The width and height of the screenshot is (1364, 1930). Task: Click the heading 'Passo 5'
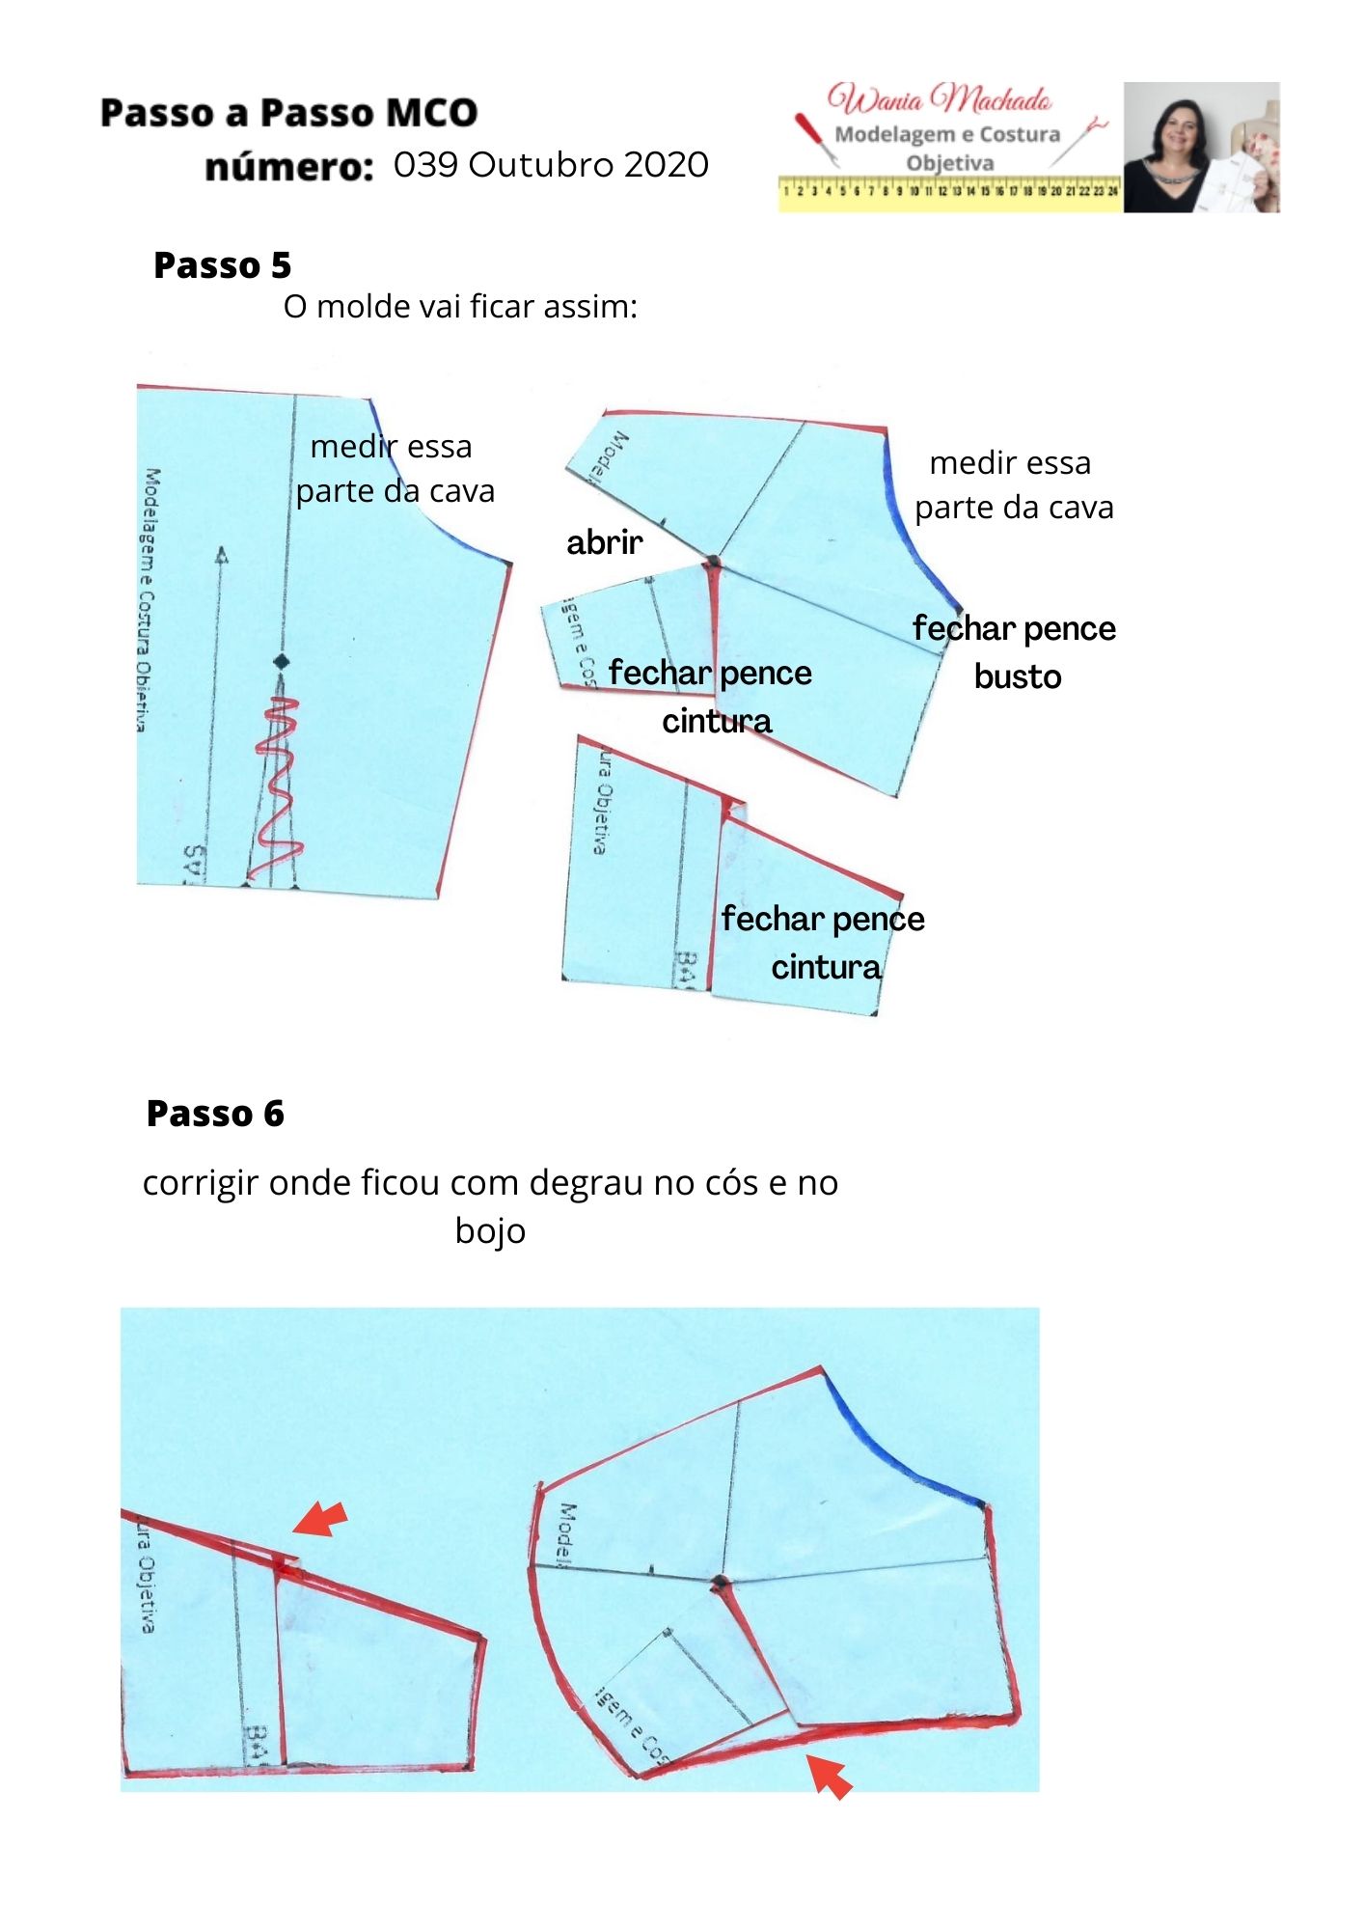[222, 265]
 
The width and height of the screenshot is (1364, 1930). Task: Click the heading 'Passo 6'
[215, 1114]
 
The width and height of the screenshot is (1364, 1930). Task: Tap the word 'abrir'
[604, 542]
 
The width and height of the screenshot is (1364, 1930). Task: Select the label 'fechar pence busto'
[1015, 652]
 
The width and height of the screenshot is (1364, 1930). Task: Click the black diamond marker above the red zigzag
[281, 661]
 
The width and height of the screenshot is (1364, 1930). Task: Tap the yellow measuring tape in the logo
[950, 191]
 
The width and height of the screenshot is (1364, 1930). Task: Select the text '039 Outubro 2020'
[551, 165]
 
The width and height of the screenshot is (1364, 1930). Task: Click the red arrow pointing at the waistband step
[320, 1518]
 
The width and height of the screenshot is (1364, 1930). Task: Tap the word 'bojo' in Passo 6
[490, 1231]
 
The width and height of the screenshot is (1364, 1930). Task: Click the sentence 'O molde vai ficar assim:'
[460, 307]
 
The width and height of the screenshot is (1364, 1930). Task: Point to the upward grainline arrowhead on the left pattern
[222, 556]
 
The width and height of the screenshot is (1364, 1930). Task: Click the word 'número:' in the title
[288, 168]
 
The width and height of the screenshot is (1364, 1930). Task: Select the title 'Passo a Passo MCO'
[288, 113]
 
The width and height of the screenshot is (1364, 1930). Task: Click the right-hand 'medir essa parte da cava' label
[1013, 484]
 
